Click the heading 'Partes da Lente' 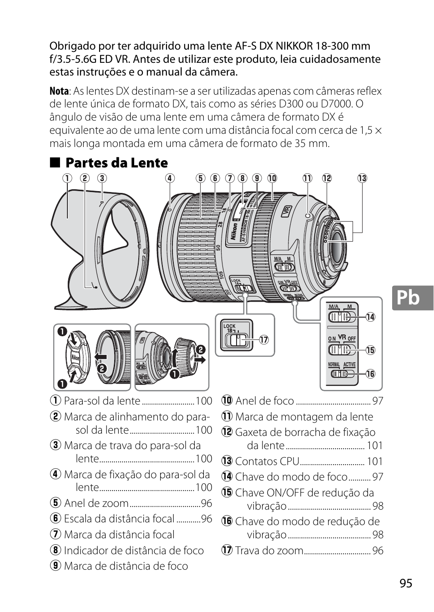pos(116,163)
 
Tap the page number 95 pos(406,584)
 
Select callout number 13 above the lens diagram pos(362,178)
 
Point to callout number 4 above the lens pos(170,178)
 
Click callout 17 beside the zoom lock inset pos(262,339)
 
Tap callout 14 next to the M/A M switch pos(370,317)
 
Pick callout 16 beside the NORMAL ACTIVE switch pos(370,374)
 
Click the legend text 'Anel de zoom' pos(96,503)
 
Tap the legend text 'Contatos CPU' pos(267,461)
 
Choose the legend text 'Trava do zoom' pos(269,551)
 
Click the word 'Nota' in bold pos(59,91)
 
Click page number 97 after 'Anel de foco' pos(378,401)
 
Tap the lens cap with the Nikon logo pos(75,359)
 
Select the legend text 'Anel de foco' pos(264,401)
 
